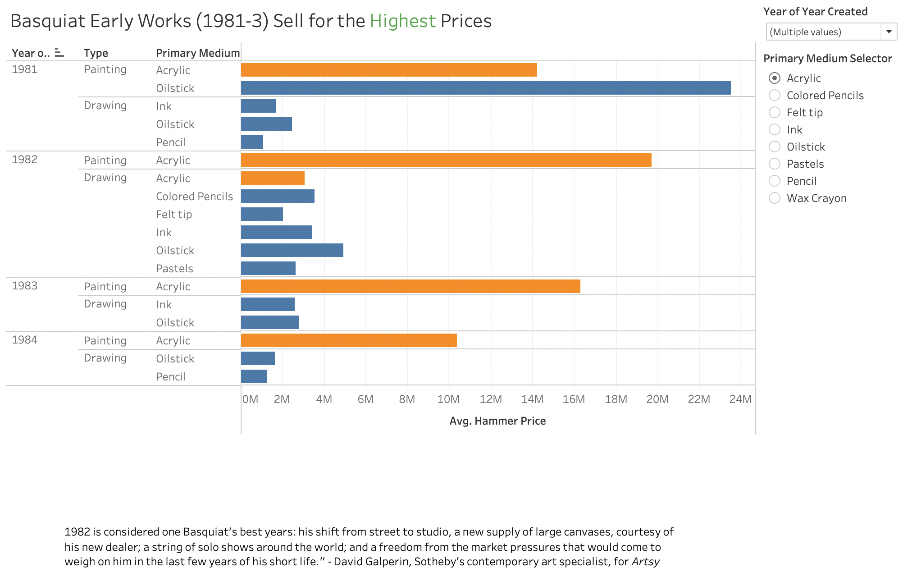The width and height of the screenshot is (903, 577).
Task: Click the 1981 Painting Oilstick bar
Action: (485, 88)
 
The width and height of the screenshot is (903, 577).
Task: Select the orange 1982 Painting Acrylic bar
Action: (446, 160)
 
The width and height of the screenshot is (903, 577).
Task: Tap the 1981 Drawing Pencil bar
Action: (252, 142)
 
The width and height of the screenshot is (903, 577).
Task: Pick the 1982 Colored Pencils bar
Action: (278, 196)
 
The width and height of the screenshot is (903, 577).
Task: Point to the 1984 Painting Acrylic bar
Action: (349, 340)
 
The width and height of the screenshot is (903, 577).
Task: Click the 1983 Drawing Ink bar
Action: (268, 304)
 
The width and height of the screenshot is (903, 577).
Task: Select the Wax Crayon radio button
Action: (774, 198)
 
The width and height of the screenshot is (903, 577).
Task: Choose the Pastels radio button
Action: (774, 164)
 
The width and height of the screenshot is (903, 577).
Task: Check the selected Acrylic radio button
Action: (774, 78)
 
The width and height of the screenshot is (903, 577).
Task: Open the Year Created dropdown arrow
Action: (889, 32)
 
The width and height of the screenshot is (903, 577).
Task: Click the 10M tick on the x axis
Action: (448, 399)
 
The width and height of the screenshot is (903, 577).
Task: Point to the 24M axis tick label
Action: (740, 399)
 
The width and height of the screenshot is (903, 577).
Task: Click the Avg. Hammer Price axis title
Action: (497, 421)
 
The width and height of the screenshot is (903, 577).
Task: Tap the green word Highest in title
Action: (402, 21)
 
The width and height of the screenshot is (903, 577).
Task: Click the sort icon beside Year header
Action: (59, 53)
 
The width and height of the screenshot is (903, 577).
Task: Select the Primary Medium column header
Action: (197, 53)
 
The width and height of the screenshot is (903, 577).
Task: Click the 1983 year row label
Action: (24, 286)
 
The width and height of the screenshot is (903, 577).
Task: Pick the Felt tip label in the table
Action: (174, 214)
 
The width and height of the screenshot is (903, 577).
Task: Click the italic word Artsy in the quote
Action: (645, 562)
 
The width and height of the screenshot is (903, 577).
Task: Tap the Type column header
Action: (96, 53)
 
